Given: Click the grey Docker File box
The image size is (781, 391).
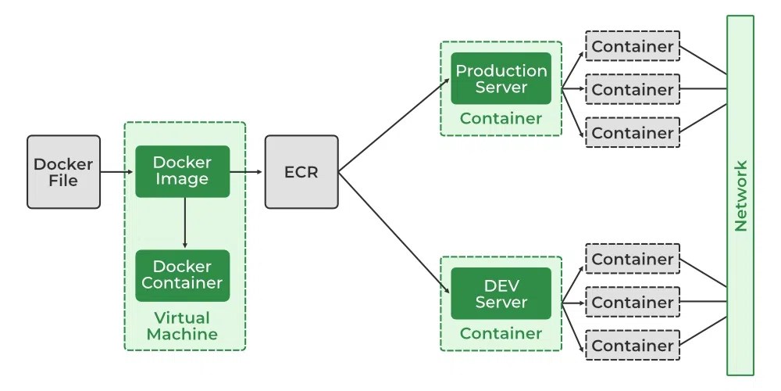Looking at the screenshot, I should point(63,171).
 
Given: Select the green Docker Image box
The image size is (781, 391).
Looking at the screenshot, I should point(182,171).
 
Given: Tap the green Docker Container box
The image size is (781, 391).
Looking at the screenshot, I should point(182,275).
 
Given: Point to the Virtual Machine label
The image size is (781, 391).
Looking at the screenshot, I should point(182,326).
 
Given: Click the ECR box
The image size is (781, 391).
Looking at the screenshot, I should point(301,171).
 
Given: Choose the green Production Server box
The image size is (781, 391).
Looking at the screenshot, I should point(501,78).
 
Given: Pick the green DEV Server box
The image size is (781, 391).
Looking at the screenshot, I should point(501,293).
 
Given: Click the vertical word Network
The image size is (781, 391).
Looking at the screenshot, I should point(740,195).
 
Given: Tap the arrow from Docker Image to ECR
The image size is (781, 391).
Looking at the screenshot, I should point(247,171).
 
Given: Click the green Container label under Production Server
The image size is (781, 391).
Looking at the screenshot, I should point(501,119).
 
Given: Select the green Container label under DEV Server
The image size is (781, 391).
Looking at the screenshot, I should point(501,334).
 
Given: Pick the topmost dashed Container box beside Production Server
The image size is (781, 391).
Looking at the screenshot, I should point(633,46).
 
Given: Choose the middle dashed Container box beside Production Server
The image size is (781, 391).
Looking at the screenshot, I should point(633,89).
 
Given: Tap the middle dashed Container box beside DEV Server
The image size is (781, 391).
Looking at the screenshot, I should point(633,302).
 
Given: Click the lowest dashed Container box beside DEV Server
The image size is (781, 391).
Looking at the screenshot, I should point(633,345).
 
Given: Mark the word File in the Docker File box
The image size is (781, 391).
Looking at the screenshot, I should point(63,181).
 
